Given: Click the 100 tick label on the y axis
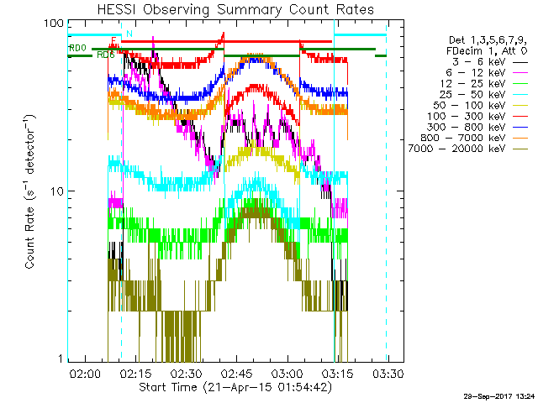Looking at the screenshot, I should [x=55, y=24].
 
